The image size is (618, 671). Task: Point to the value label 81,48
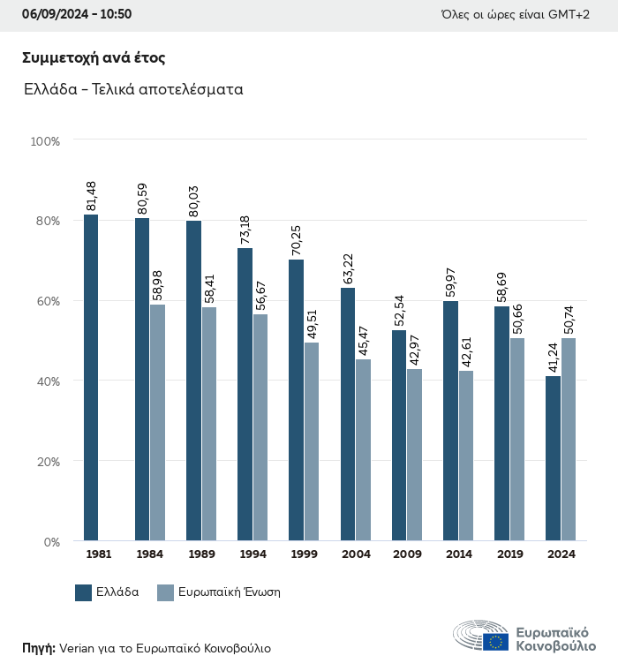click(91, 196)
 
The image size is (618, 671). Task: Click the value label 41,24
click(553, 358)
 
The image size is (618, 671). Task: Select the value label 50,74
click(569, 320)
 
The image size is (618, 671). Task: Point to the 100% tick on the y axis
click(44, 140)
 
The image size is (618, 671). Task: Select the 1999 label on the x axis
click(303, 554)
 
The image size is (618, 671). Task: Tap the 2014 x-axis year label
click(458, 554)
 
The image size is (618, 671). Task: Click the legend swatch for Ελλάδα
click(84, 592)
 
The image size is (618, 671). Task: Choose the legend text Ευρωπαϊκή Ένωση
click(229, 592)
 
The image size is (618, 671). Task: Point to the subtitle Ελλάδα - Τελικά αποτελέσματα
click(133, 89)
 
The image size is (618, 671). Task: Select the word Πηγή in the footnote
click(38, 648)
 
